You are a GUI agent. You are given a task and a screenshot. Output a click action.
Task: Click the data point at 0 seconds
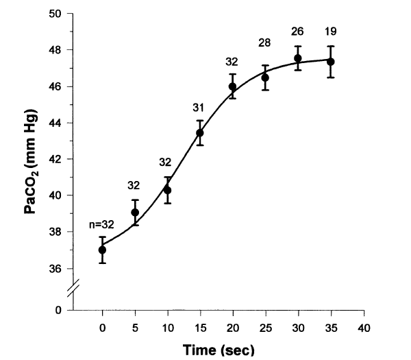[x=102, y=250]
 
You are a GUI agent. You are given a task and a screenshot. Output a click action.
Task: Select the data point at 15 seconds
[x=200, y=132]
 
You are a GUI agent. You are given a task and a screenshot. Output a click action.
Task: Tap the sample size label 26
[x=297, y=31]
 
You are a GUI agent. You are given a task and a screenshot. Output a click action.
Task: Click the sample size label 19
[x=330, y=31]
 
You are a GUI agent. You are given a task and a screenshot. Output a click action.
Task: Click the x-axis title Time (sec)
[x=217, y=350]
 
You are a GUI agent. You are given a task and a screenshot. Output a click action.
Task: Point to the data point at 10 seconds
[x=167, y=190]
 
